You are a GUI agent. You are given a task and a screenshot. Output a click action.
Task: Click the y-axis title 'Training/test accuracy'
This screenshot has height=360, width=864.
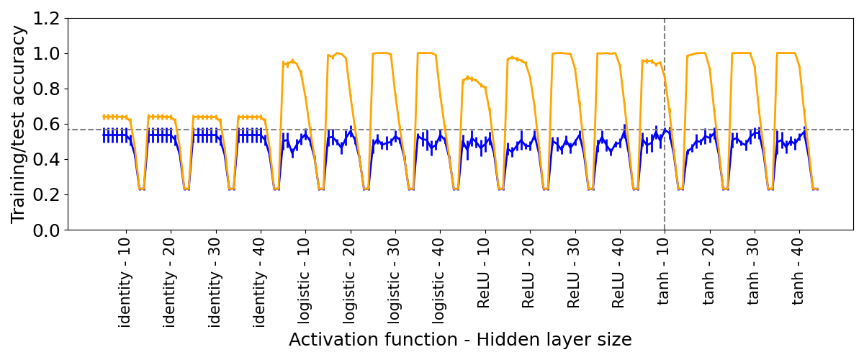pos(19,124)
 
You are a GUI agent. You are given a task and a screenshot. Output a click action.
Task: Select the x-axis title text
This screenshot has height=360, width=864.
pos(460,340)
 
